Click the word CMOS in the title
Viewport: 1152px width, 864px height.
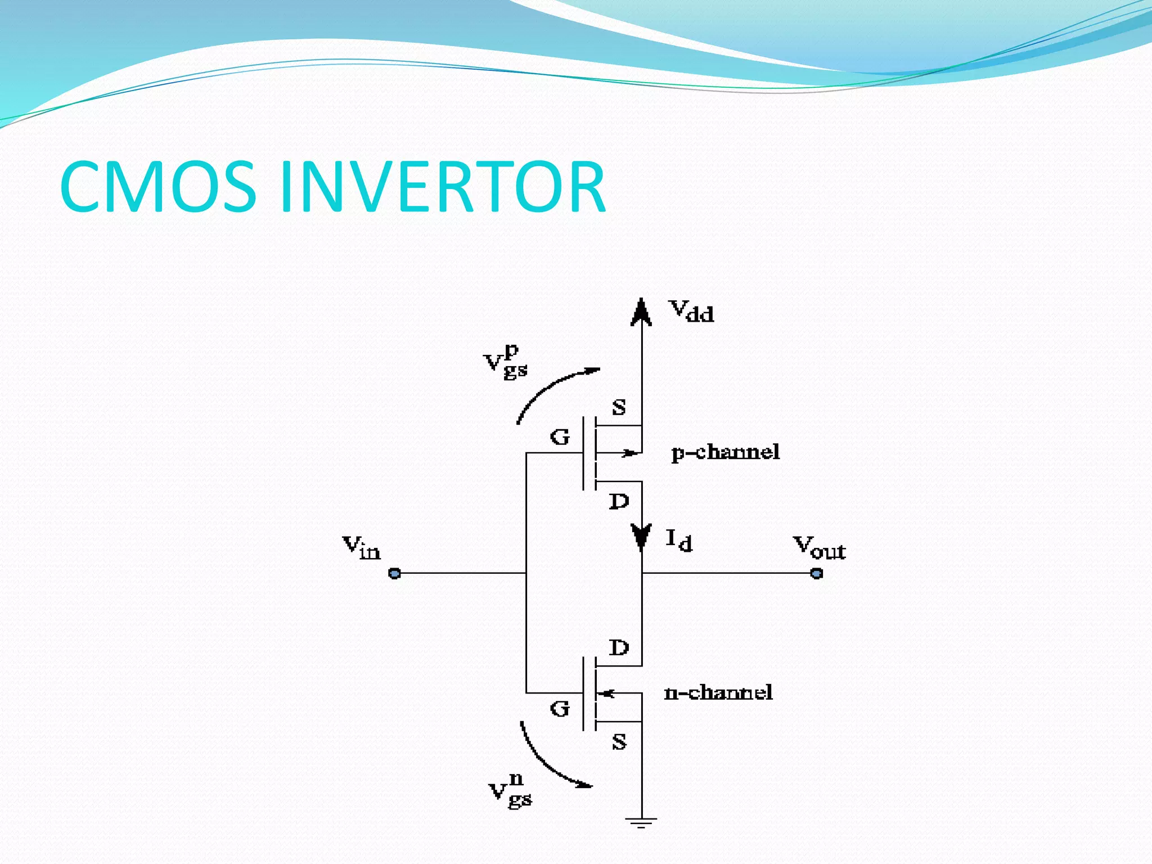point(158,187)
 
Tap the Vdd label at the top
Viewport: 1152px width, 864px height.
point(691,311)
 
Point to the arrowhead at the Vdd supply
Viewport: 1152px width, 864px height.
point(641,313)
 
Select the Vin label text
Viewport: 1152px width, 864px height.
point(362,547)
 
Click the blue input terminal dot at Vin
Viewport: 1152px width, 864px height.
point(395,573)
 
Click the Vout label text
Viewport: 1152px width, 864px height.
point(819,548)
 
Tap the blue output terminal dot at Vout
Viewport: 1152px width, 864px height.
point(817,573)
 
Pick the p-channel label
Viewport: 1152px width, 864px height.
point(726,452)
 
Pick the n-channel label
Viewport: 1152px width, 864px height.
point(718,692)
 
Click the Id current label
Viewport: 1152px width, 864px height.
point(679,541)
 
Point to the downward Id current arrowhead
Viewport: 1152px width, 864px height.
point(641,537)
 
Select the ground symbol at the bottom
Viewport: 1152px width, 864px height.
point(641,822)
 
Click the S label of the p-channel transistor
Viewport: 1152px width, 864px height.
point(619,407)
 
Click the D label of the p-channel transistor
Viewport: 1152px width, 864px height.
point(619,501)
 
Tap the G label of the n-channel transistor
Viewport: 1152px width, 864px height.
point(560,709)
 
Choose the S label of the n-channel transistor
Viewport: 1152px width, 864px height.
point(619,742)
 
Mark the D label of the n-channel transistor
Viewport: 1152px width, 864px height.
point(619,648)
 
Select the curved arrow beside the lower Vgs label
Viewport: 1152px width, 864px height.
point(548,759)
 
